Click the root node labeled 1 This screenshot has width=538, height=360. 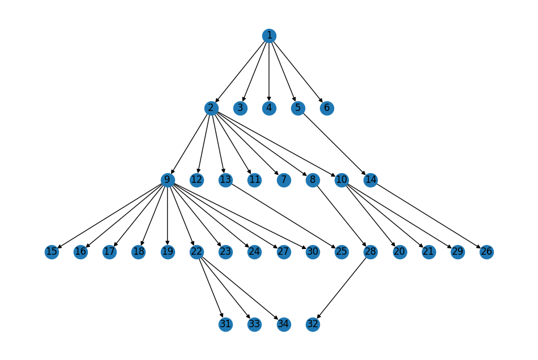click(269, 36)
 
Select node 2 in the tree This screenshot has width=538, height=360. click(211, 108)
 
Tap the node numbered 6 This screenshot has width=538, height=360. click(327, 108)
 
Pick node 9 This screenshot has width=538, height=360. click(168, 180)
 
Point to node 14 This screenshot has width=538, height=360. click(370, 180)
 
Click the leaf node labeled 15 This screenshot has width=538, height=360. click(52, 252)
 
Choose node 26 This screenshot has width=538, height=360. click(486, 252)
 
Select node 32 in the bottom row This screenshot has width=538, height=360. click(313, 324)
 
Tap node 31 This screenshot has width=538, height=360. click(225, 324)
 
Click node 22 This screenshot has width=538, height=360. click(197, 252)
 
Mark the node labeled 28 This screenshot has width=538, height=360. click(370, 252)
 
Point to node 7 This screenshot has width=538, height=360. click(284, 180)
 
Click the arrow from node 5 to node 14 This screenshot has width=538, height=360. click(334, 144)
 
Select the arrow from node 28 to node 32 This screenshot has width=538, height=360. click(341, 288)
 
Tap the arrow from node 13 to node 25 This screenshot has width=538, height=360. click(283, 216)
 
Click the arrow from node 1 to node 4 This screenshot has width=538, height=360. click(269, 72)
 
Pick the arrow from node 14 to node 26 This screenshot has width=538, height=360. click(428, 216)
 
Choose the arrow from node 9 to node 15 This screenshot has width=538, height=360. click(109, 216)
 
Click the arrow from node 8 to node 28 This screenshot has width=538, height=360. click(341, 216)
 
